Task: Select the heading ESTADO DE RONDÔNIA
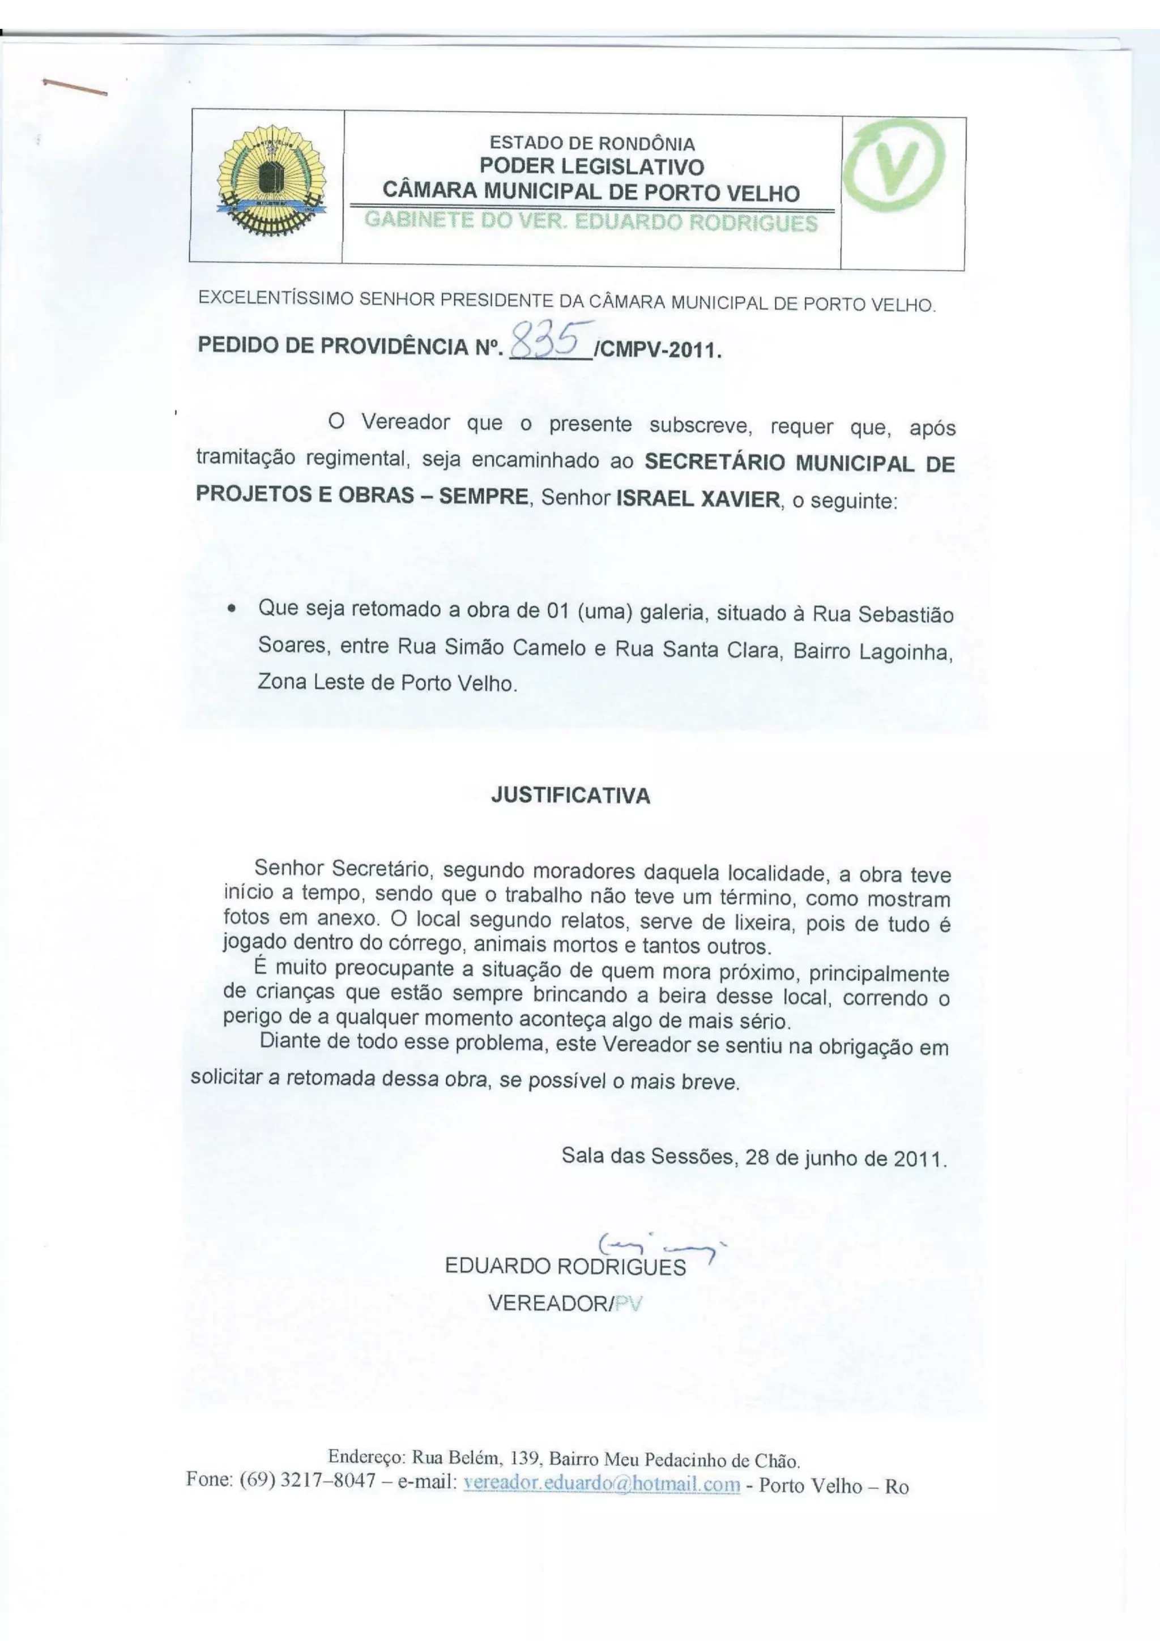coord(592,144)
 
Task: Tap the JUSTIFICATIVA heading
coord(570,796)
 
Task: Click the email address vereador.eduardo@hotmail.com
coord(602,1485)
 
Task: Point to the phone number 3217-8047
coord(328,1480)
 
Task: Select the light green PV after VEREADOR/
coord(628,1304)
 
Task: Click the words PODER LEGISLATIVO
coord(592,166)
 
